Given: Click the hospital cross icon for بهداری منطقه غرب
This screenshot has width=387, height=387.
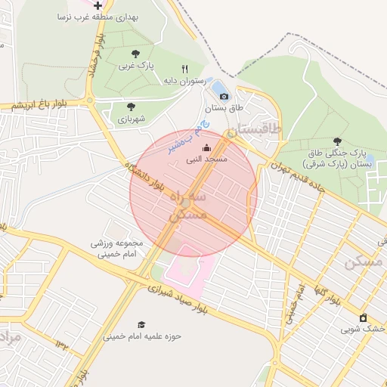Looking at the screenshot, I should point(98,5).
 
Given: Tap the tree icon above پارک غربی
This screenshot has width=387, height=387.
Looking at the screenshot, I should point(135,54).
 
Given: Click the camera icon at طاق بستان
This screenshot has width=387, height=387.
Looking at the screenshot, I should point(223,96).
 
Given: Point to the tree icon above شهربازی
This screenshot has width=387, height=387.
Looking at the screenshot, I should point(131,107).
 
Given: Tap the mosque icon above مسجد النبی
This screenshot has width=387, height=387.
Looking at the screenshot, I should point(207,148).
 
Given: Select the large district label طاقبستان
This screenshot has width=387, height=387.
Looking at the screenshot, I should point(259,129).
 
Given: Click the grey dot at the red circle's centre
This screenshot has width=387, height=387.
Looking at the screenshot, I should point(186,203).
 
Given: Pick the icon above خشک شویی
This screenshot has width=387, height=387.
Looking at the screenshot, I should point(364,317).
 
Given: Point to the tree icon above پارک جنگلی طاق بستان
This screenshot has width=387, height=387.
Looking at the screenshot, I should point(337,141).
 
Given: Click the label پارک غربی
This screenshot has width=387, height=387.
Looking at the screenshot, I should point(135,66).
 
